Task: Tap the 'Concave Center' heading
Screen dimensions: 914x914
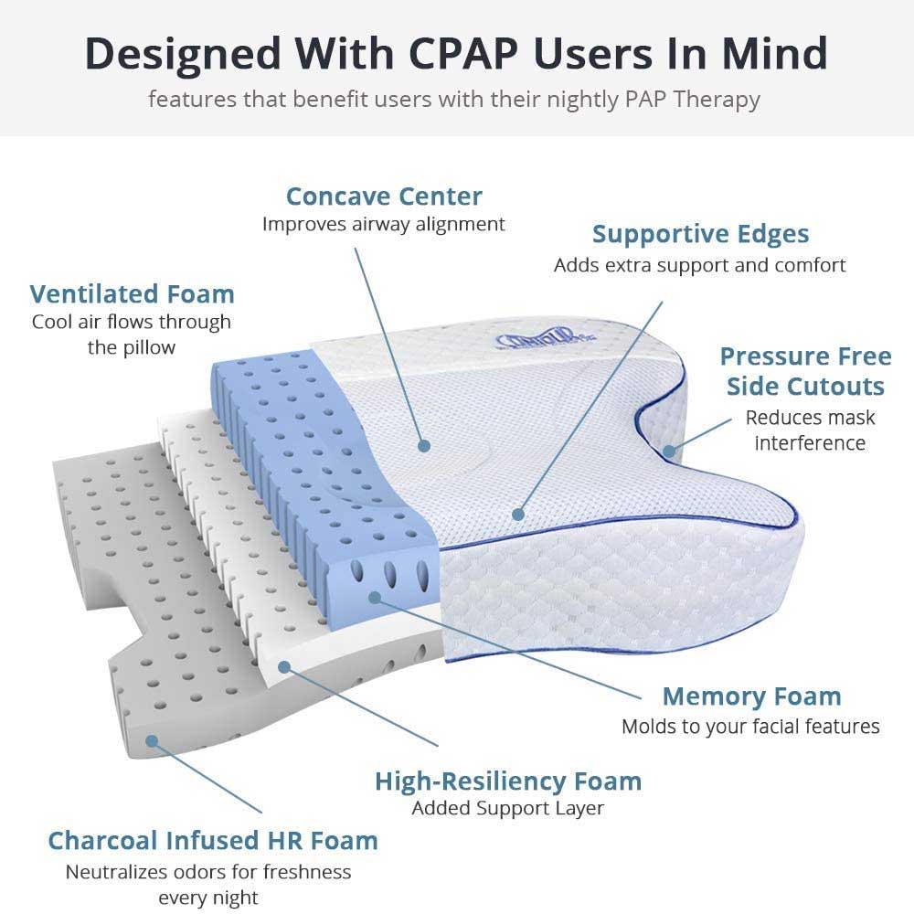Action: tap(384, 196)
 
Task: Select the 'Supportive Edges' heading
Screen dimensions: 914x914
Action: tap(700, 234)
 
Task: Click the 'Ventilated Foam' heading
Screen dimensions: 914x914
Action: tap(132, 293)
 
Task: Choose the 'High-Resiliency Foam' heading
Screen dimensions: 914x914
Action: tap(508, 781)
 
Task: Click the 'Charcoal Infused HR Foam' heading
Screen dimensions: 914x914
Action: tap(212, 840)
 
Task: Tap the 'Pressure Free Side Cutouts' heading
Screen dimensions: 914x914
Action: tap(805, 370)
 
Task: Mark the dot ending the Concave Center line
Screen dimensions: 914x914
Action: tap(423, 446)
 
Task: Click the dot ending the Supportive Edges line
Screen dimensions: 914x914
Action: tap(518, 515)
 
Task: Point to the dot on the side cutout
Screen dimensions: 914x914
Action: tap(669, 450)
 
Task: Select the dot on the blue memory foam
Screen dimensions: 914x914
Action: tap(375, 596)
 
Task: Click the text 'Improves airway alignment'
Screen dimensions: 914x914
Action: tap(384, 224)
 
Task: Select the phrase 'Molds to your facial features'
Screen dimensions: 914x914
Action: tap(750, 727)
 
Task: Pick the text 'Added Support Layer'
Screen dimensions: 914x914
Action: tap(507, 808)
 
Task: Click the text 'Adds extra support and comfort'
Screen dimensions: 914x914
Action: tap(700, 265)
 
